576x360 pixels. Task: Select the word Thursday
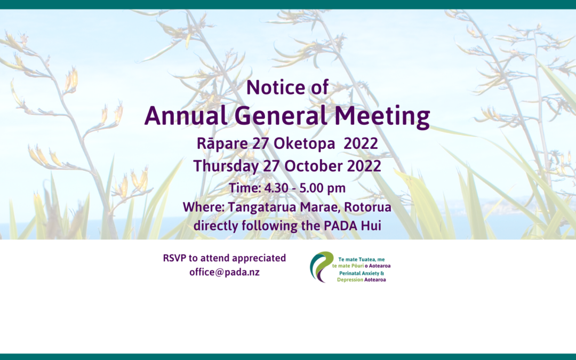click(x=227, y=165)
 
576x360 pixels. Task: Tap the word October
click(x=311, y=165)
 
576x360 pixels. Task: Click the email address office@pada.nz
click(x=225, y=271)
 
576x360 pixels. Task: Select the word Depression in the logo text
click(x=350, y=279)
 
